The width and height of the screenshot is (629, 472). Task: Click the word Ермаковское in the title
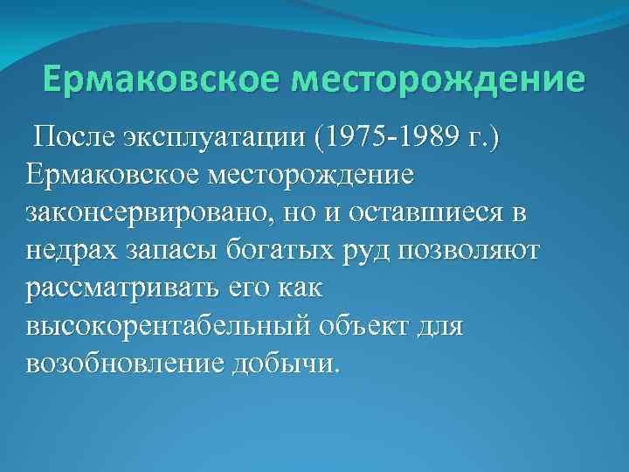pos(160,80)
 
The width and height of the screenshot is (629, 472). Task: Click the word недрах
pos(71,251)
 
